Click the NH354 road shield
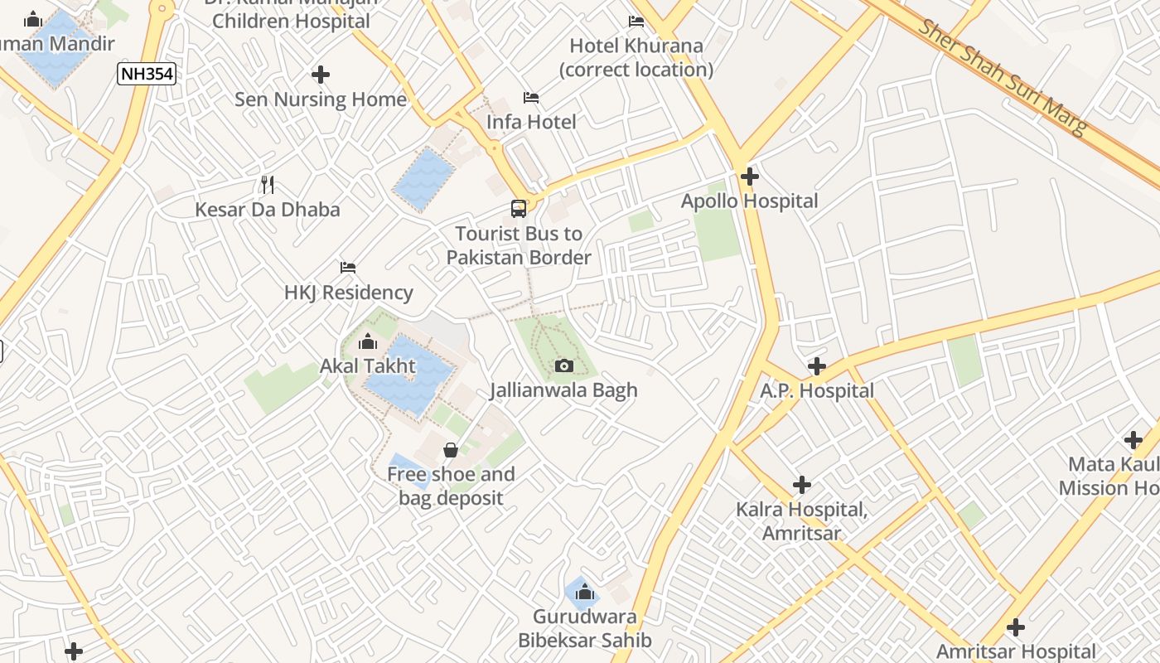click(x=147, y=74)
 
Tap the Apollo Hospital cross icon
click(x=750, y=177)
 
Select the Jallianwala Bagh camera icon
click(x=563, y=365)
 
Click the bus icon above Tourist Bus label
click(x=519, y=209)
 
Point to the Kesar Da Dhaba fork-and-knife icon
click(x=267, y=184)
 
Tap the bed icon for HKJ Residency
click(x=348, y=268)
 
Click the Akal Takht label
click(x=368, y=365)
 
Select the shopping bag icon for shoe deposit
click(x=451, y=450)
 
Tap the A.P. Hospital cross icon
click(x=817, y=365)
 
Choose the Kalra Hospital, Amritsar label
click(x=802, y=520)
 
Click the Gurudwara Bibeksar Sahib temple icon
click(x=585, y=592)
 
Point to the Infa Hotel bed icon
click(x=531, y=98)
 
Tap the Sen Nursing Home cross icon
click(x=321, y=75)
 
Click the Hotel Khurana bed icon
click(x=636, y=22)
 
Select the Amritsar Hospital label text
click(x=1016, y=651)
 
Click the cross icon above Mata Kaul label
click(x=1133, y=440)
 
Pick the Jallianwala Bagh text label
click(x=563, y=390)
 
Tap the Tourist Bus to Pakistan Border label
click(x=519, y=245)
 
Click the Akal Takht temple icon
click(x=368, y=341)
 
